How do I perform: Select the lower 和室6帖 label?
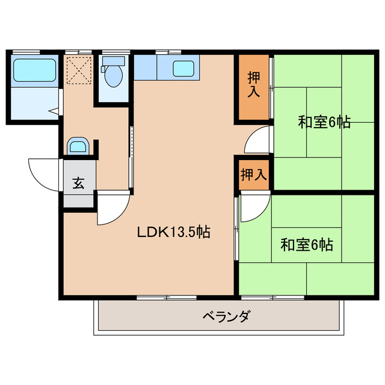(x=307, y=245)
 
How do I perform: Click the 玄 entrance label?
(x=79, y=184)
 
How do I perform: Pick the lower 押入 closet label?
(x=253, y=176)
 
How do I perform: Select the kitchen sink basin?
(x=183, y=68)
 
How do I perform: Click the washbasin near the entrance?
(x=78, y=146)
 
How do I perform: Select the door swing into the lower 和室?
(x=253, y=208)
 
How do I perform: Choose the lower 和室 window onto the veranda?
(x=272, y=297)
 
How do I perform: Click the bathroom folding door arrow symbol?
(x=54, y=110)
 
